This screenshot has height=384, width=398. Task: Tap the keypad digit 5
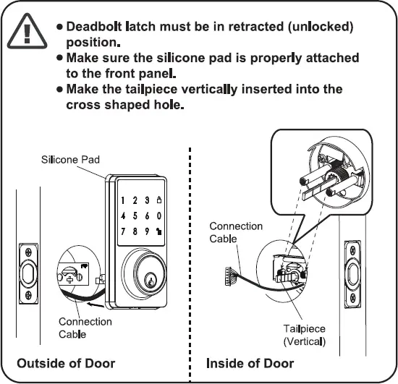[x=135, y=216]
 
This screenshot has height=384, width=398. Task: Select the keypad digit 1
[x=124, y=200]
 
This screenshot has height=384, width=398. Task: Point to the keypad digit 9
[x=148, y=231]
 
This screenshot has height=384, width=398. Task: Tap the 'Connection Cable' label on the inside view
[x=236, y=232]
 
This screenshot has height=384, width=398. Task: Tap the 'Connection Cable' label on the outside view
[x=85, y=328]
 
